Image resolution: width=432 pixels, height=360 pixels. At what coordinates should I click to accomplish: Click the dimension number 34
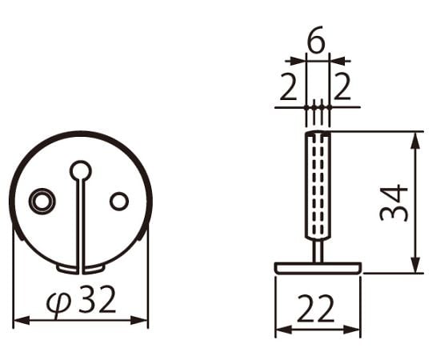394,203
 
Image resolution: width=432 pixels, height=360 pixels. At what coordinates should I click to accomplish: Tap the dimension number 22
315,309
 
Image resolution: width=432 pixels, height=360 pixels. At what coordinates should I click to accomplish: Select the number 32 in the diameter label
97,299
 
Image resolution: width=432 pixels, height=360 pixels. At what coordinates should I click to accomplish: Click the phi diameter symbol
58,303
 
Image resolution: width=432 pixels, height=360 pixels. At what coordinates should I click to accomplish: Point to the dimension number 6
316,39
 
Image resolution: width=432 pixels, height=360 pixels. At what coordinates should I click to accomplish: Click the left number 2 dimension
288,86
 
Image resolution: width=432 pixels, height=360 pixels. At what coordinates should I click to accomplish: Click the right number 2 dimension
342,86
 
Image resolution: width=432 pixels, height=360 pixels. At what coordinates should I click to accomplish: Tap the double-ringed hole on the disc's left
42,201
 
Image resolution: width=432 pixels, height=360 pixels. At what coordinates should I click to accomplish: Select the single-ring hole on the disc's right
119,201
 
